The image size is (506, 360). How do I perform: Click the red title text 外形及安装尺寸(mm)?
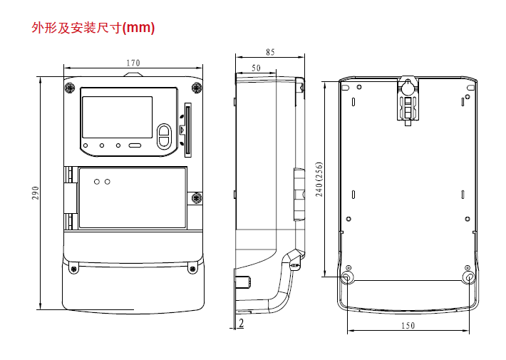pyautogui.click(x=93, y=28)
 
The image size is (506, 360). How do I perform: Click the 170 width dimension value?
pyautogui.click(x=133, y=63)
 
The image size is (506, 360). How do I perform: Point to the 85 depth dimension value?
pyautogui.click(x=270, y=52)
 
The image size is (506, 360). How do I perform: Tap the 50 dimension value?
pyautogui.click(x=256, y=68)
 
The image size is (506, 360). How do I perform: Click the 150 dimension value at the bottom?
pyautogui.click(x=408, y=326)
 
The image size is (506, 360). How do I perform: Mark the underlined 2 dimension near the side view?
pyautogui.click(x=241, y=324)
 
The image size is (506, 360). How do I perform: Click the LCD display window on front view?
pyautogui.click(x=117, y=117)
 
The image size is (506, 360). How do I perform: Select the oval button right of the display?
pyautogui.click(x=164, y=135)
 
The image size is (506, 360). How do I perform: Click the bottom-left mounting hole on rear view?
pyautogui.click(x=347, y=277)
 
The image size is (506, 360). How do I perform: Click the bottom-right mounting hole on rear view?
pyautogui.click(x=468, y=277)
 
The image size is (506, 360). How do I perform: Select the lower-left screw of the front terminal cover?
pyautogui.click(x=73, y=269)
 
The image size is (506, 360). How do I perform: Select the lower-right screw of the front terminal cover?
pyautogui.click(x=192, y=269)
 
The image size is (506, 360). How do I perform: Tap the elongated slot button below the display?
pyautogui.click(x=135, y=145)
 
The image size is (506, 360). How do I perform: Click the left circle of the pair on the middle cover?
pyautogui.click(x=96, y=182)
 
